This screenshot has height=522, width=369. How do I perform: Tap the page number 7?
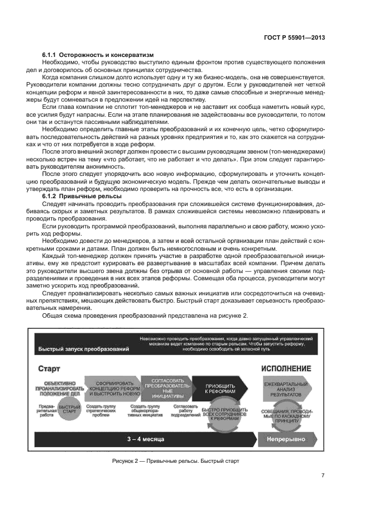(x=323, y=475)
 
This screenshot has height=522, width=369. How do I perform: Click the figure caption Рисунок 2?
(x=175, y=462)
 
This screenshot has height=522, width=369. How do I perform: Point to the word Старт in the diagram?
(x=49, y=369)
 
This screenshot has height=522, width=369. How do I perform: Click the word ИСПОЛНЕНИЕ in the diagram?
(x=286, y=369)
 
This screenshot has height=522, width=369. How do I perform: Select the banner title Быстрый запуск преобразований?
(x=84, y=349)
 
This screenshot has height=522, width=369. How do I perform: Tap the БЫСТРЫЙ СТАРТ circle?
(x=69, y=410)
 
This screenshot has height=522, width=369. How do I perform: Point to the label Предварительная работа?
(x=46, y=410)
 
